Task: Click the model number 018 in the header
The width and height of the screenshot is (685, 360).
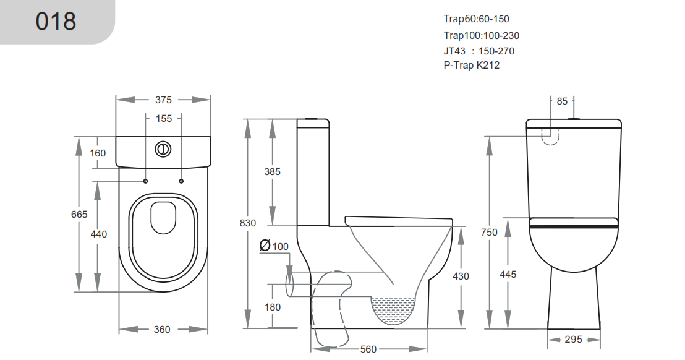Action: pos(56,22)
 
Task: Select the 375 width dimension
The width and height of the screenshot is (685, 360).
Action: pos(163,100)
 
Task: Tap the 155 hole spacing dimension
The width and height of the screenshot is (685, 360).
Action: pos(164,118)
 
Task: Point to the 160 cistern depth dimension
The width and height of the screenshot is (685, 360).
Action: pos(98,153)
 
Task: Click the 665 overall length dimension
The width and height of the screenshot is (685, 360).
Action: pos(79,214)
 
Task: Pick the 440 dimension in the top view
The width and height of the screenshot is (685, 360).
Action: pos(98,234)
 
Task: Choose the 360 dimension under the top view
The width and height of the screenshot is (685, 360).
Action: pos(162,330)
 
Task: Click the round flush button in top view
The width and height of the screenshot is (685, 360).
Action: pos(162,148)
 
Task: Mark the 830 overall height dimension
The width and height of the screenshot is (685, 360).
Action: pos(247,223)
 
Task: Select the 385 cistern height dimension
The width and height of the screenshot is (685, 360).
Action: pos(272,171)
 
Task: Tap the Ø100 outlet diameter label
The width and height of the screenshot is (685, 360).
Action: pos(274,246)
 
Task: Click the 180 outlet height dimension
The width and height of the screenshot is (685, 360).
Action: pos(272,307)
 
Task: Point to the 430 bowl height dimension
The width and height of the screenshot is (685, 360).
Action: pos(461,276)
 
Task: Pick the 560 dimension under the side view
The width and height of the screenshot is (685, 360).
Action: pos(368,349)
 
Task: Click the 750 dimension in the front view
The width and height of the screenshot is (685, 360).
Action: pos(489,232)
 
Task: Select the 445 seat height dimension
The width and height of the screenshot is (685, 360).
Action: pos(508,274)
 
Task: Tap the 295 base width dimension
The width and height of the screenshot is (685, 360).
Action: pos(573,340)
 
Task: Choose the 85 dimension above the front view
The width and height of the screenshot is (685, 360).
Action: pos(562,101)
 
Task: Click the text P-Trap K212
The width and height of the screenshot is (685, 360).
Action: pos(471,66)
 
